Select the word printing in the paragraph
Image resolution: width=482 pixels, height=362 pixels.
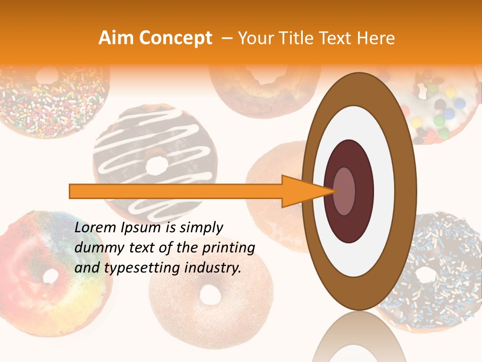[x=229, y=248]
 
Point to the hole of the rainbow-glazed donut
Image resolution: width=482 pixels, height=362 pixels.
[x=51, y=276]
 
